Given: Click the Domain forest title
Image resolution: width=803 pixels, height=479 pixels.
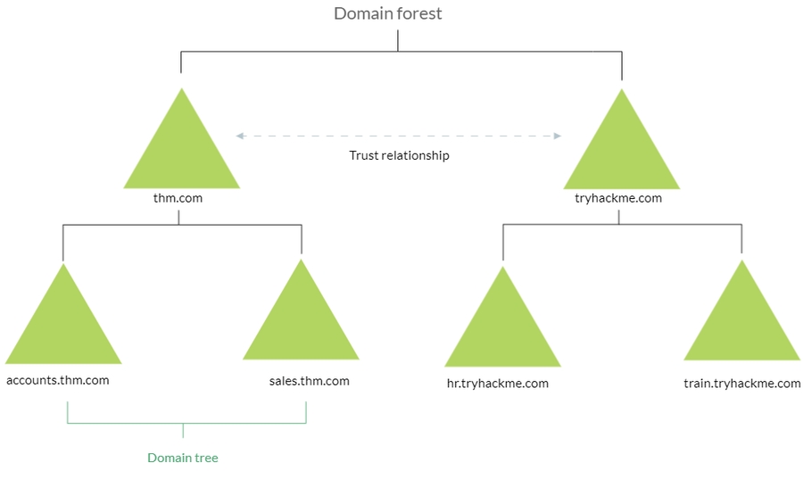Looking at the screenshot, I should [387, 13].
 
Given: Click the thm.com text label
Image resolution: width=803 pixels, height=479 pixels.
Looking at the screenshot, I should [178, 198].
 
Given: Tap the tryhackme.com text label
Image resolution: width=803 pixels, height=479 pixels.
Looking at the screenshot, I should [618, 198].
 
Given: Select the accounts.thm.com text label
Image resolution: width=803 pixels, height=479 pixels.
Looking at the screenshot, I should [58, 381].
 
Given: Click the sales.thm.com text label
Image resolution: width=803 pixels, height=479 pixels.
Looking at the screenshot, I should [309, 381].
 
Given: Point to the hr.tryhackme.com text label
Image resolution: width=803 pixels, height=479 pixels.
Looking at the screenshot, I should [497, 384].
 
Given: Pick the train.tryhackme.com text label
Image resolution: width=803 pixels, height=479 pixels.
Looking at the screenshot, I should [741, 384].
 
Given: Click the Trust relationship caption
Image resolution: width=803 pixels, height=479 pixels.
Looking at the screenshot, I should [399, 155].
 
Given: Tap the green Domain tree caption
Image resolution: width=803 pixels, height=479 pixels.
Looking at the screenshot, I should [182, 458].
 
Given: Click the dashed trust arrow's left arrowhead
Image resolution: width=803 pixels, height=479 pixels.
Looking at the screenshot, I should [240, 136].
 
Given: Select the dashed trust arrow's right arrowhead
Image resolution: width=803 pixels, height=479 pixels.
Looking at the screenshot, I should [558, 136].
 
